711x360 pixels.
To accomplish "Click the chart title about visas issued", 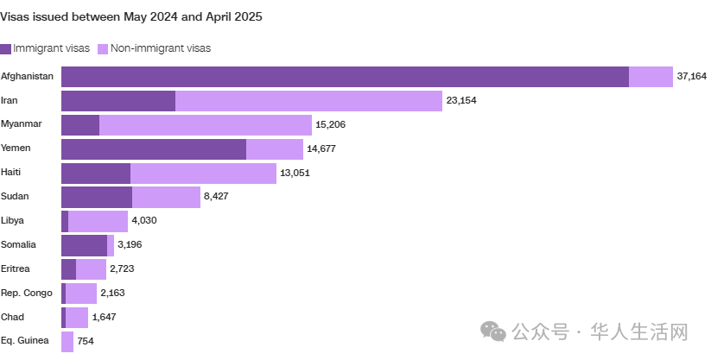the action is (131, 16).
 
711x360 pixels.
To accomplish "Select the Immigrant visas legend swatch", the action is (5, 48).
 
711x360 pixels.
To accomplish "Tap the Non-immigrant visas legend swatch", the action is (103, 48).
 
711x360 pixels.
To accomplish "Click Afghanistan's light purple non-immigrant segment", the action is (651, 77).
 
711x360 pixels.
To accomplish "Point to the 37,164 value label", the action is (691, 76).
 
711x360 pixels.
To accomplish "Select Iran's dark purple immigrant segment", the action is (118, 101).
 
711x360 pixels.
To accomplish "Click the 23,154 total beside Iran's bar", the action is (461, 100).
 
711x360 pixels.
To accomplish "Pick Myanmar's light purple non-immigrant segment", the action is (206, 124).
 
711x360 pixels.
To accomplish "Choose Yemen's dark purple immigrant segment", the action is (154, 149).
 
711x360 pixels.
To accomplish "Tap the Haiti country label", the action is (11, 173).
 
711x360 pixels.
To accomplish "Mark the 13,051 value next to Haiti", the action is (295, 173).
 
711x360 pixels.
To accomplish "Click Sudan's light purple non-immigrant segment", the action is (166, 197).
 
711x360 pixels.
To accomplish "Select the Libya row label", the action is (12, 220).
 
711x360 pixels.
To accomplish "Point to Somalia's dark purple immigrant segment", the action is (85, 245).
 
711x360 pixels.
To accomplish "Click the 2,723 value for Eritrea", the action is (122, 268).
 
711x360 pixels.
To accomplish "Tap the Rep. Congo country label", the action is (26, 293).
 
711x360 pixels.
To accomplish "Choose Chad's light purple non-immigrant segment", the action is (77, 318).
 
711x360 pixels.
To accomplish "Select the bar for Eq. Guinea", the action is (67, 342).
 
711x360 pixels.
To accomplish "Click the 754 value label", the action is (86, 341).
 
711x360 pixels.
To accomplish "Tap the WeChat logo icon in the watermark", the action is (493, 331).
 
